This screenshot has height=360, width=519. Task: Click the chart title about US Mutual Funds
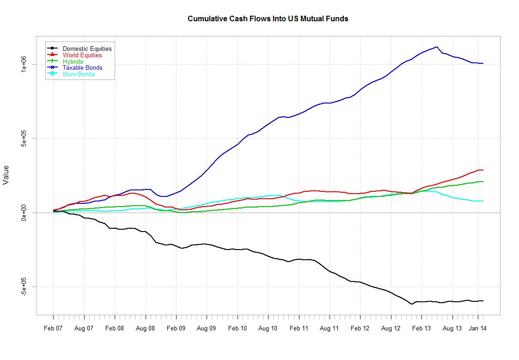point(268,19)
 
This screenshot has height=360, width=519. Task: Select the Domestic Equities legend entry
point(87,49)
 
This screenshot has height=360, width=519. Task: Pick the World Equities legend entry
point(82,55)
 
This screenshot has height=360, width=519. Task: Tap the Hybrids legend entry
point(73,61)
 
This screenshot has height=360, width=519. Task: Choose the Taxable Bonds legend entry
point(83,67)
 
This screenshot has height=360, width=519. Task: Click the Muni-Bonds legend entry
point(79,74)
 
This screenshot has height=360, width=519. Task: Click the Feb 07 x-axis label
point(53,329)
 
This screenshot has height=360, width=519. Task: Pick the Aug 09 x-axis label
point(207,329)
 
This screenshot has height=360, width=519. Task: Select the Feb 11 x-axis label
point(299,329)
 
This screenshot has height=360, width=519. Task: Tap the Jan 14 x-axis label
point(478,329)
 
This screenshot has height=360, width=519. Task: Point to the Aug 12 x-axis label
point(391,329)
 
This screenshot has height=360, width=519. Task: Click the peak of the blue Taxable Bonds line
point(437,47)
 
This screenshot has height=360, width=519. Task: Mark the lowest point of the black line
point(411,304)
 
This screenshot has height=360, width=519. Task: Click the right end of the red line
point(483,170)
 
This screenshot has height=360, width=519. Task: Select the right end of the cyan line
point(483,201)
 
